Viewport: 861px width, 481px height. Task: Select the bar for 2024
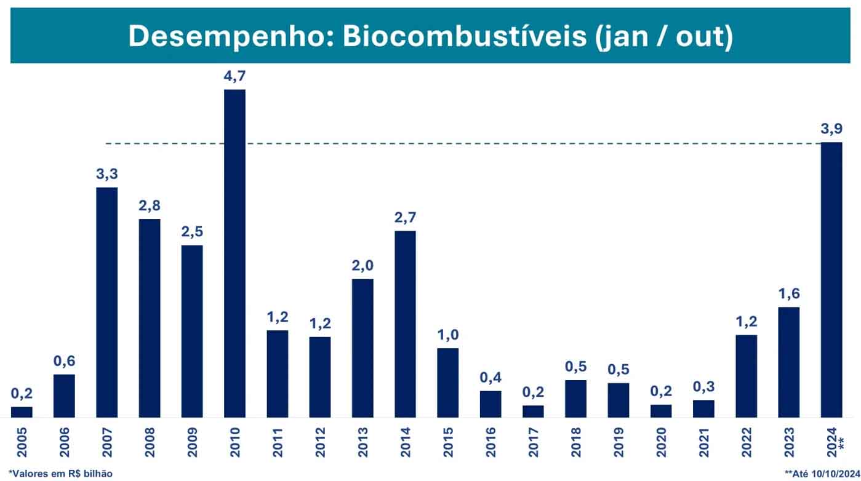coord(831,280)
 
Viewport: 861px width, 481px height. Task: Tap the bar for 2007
coord(106,302)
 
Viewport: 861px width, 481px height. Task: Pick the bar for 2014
coord(405,324)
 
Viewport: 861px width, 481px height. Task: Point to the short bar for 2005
coord(22,412)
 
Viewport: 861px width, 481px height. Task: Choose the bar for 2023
coord(789,362)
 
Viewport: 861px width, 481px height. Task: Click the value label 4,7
coord(234,77)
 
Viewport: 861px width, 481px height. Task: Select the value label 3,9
coord(831,130)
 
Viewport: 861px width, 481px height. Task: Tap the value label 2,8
coord(150,206)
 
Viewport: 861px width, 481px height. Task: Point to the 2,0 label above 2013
coord(362,266)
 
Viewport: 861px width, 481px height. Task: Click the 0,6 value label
coord(64,362)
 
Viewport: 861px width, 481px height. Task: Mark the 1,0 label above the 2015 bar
coord(448,336)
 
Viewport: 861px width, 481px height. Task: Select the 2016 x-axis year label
coord(491,442)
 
